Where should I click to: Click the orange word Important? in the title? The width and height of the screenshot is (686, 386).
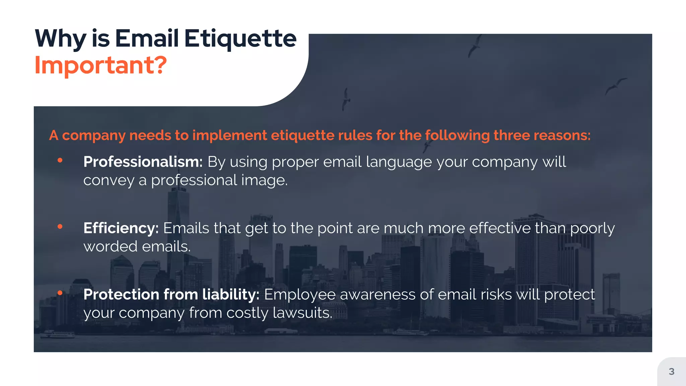click(x=100, y=65)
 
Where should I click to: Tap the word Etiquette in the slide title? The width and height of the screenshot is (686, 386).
click(x=240, y=39)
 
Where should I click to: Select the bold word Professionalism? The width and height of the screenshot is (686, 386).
click(x=143, y=162)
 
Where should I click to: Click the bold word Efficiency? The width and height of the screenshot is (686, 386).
click(x=121, y=228)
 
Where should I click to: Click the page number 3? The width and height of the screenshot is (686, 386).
click(x=671, y=371)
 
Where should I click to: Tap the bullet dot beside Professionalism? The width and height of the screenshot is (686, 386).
click(x=60, y=160)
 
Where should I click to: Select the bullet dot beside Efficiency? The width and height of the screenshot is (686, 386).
click(x=60, y=227)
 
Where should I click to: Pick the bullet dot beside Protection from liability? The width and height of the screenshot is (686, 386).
click(x=60, y=293)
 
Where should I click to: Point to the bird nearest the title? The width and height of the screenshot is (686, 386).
click(x=346, y=99)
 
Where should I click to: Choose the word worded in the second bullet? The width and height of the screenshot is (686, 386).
click(x=111, y=247)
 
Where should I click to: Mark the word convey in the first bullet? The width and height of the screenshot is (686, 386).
click(x=109, y=181)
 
